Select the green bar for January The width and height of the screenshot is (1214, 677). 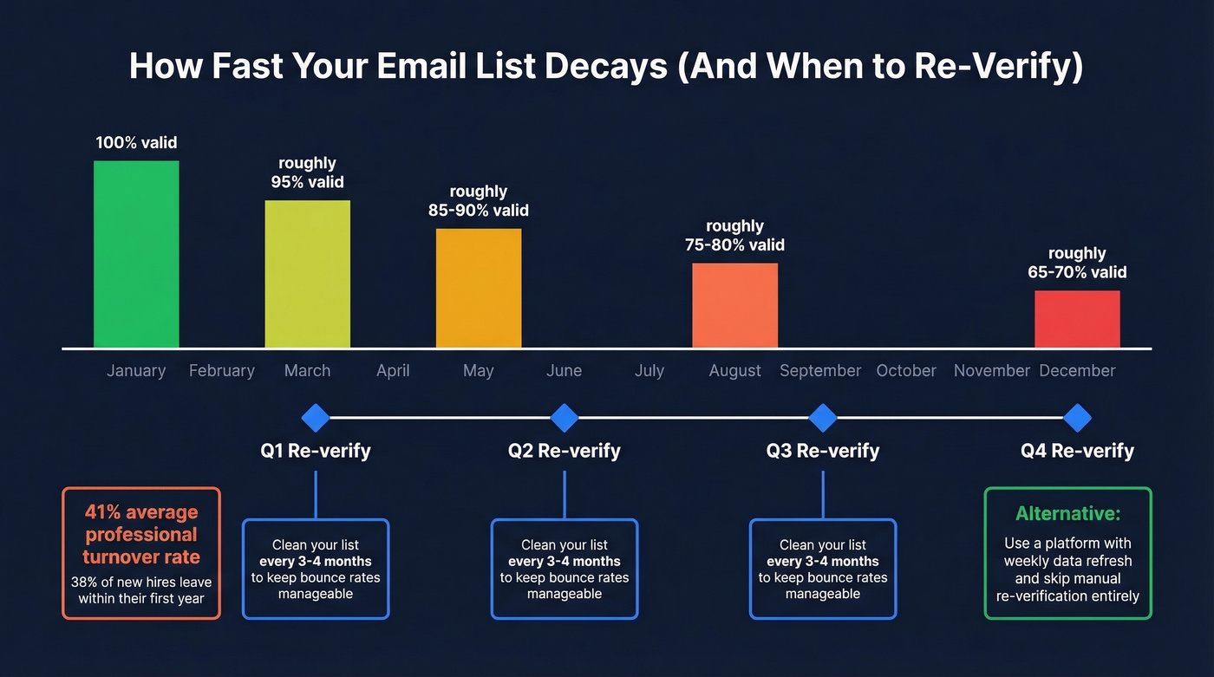pos(136,254)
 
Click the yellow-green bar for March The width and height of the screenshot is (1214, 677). pos(307,274)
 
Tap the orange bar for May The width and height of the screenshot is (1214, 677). pos(479,288)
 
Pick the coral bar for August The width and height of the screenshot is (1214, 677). pos(734,305)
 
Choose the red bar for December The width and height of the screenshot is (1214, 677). pos(1077,319)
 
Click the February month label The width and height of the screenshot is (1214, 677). pos(222,371)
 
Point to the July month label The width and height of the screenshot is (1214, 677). pos(649,371)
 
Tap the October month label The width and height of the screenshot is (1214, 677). pos(906,371)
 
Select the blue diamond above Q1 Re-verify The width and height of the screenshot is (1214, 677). pos(315,418)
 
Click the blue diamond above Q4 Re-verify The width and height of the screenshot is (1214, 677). pos(1077,418)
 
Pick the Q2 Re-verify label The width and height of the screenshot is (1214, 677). pos(565,451)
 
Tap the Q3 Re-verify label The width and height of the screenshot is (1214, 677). pos(823,451)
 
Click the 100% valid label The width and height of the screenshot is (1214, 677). pos(136,142)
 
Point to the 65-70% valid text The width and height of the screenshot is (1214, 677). pos(1077,272)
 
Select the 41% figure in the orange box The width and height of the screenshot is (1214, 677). pos(101,512)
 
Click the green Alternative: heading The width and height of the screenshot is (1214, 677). pos(1067,514)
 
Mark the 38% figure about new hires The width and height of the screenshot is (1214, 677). pos(85,583)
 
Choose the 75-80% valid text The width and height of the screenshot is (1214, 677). pos(734,245)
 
